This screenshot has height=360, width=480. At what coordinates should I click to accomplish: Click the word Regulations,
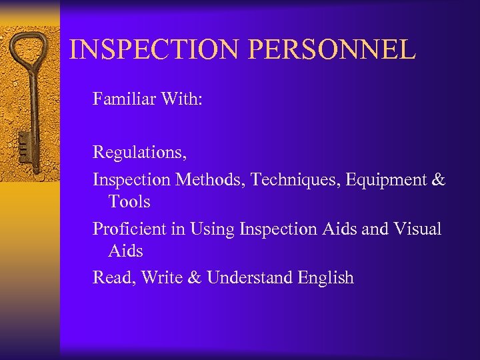pyautogui.click(x=139, y=153)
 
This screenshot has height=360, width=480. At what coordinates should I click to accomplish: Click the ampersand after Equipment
pyautogui.click(x=438, y=179)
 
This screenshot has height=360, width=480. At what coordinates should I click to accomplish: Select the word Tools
pyautogui.click(x=129, y=201)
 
